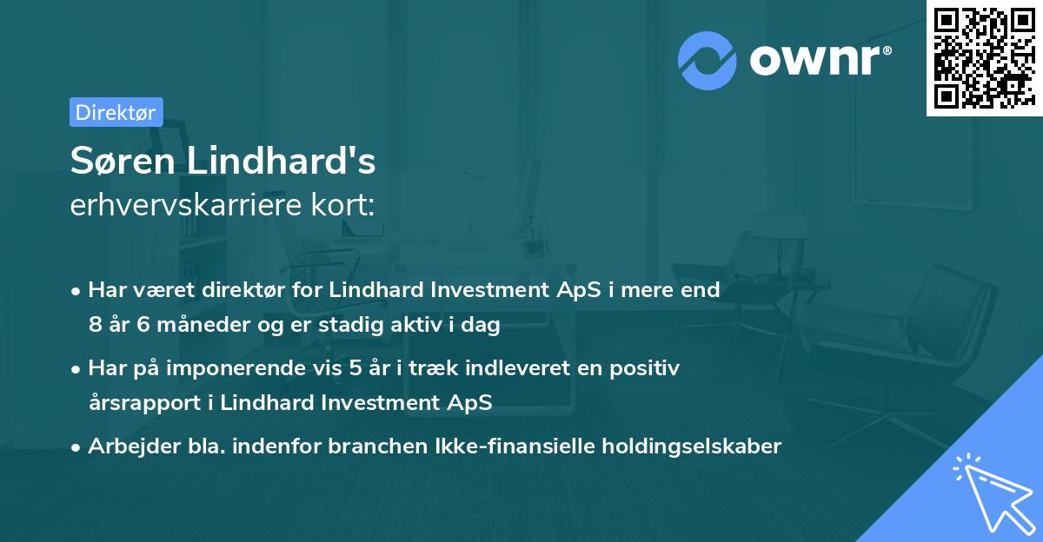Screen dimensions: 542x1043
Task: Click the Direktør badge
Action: click(116, 112)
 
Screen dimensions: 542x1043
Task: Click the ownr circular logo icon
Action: click(708, 61)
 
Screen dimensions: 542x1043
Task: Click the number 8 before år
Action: click(95, 326)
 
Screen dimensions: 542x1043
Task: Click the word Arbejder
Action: click(126, 446)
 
